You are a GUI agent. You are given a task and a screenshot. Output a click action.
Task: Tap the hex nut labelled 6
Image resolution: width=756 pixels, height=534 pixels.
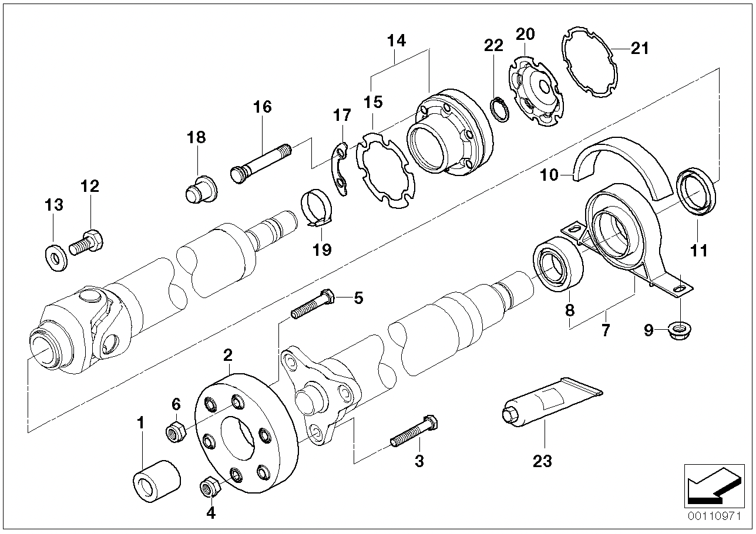[x=176, y=432]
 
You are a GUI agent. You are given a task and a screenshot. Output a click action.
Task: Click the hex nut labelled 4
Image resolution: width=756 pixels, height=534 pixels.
[x=210, y=486]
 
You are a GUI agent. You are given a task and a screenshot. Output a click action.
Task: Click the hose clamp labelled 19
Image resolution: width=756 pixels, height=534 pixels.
[x=317, y=208]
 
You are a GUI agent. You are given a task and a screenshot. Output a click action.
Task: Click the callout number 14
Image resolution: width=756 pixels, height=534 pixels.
[x=396, y=41]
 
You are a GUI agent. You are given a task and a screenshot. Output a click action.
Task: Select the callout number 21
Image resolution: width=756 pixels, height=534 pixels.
[x=639, y=48]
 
